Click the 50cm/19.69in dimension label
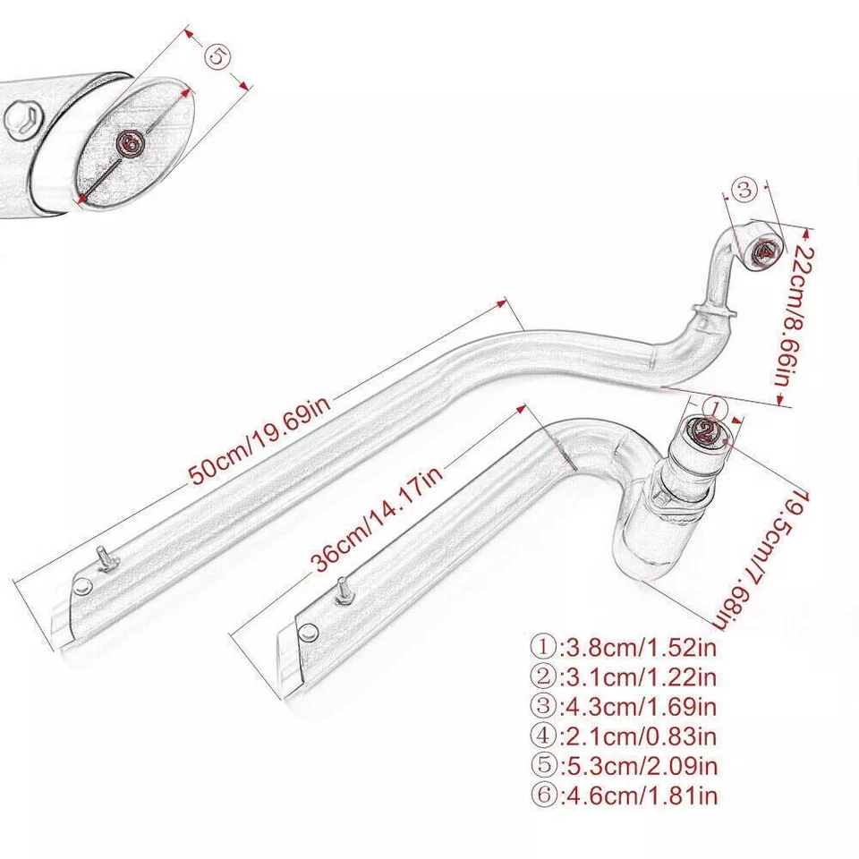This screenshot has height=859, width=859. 260,441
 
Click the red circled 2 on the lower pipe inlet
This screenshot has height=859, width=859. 706,435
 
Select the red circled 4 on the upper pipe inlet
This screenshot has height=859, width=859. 765,251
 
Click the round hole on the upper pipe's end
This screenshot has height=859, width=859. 82,587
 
